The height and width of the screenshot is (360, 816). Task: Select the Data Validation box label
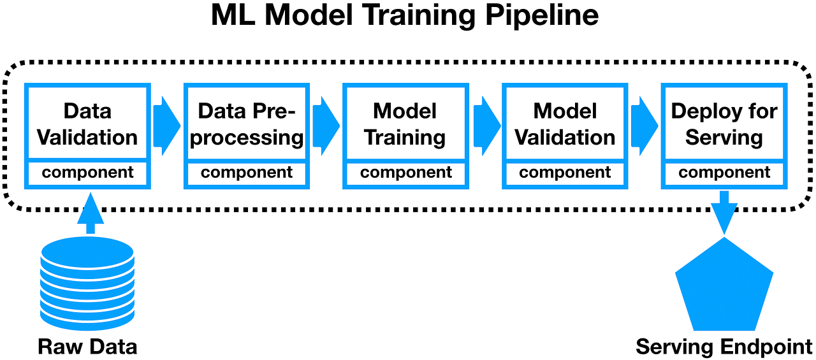click(x=87, y=124)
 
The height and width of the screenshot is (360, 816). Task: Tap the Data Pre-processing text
click(x=247, y=124)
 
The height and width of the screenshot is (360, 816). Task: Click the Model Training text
click(x=405, y=124)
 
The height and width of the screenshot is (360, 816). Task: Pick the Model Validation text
click(x=565, y=124)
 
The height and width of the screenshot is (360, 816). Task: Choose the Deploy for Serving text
click(x=724, y=124)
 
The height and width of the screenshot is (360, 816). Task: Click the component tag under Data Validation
click(x=88, y=173)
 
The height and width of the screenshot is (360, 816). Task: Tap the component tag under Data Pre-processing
click(x=247, y=173)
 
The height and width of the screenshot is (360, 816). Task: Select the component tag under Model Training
click(x=406, y=173)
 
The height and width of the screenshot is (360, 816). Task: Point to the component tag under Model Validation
click(x=565, y=173)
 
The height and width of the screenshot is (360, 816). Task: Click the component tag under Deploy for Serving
click(x=724, y=173)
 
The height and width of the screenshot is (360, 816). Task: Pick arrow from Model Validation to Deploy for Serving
click(x=644, y=126)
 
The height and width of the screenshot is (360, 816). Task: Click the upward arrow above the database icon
click(x=90, y=214)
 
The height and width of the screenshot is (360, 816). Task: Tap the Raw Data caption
click(x=87, y=347)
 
